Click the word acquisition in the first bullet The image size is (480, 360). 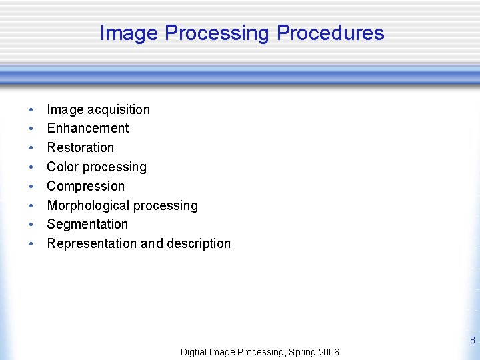(119, 109)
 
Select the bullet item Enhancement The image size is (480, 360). (87, 128)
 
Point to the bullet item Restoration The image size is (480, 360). (80, 147)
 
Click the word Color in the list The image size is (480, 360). (62, 167)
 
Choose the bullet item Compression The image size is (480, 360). (85, 186)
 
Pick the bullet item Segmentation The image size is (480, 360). (87, 224)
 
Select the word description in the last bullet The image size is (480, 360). (199, 243)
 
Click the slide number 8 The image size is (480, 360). (472, 341)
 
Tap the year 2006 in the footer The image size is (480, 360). (328, 352)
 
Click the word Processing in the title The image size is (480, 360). (217, 33)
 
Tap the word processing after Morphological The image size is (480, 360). (167, 205)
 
